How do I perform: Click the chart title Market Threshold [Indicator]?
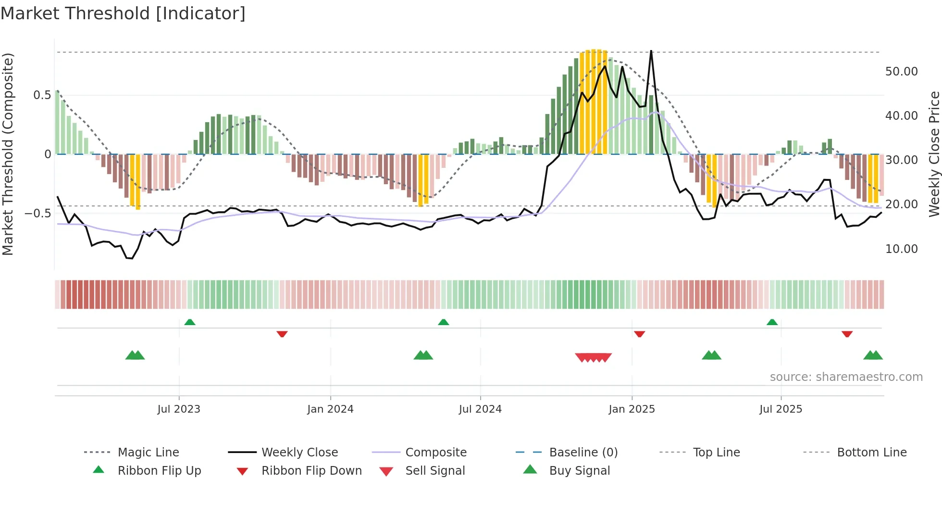pyautogui.click(x=123, y=13)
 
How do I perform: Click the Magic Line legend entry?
pyautogui.click(x=148, y=452)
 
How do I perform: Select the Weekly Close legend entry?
pyautogui.click(x=299, y=452)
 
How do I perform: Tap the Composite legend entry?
pyautogui.click(x=435, y=452)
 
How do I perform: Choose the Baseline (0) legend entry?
pyautogui.click(x=583, y=452)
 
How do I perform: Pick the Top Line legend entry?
pyautogui.click(x=716, y=452)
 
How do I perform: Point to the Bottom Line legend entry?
pyautogui.click(x=871, y=452)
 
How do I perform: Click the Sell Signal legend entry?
pyautogui.click(x=434, y=470)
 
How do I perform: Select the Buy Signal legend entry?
pyautogui.click(x=579, y=470)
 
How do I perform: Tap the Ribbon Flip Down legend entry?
pyautogui.click(x=311, y=470)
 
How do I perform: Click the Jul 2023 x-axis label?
pyautogui.click(x=179, y=409)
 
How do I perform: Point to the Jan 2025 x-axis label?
pyautogui.click(x=632, y=409)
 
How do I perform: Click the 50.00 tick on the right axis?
pyautogui.click(x=901, y=72)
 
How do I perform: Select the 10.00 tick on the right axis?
pyautogui.click(x=901, y=249)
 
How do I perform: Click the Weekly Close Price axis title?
pyautogui.click(x=934, y=154)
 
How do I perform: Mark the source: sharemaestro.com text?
pyautogui.click(x=846, y=377)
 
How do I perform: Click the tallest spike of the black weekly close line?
pyautogui.click(x=651, y=51)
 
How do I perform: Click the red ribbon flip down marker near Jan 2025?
pyautogui.click(x=639, y=334)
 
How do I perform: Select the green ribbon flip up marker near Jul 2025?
pyautogui.click(x=772, y=322)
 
